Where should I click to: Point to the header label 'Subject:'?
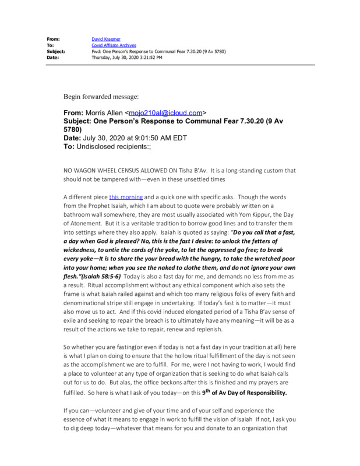click(56, 51)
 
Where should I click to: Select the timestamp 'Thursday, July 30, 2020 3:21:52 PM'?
click(127, 58)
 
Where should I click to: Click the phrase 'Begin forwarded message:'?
click(101, 96)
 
